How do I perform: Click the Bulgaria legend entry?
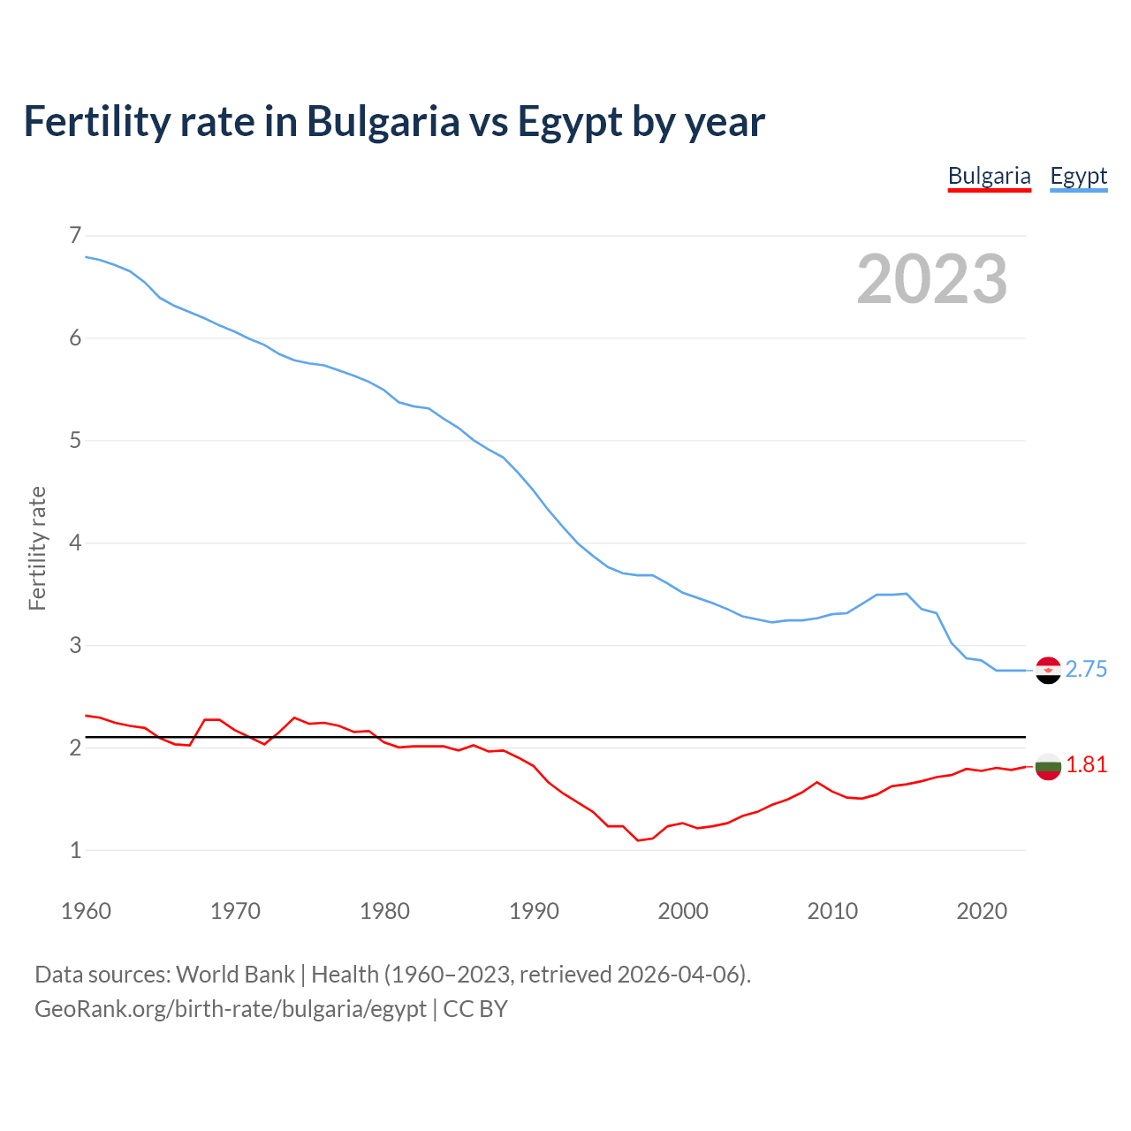(989, 176)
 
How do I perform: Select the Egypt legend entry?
(1078, 176)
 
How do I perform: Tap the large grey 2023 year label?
(932, 279)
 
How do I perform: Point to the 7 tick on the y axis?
(75, 235)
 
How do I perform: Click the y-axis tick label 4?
(75, 543)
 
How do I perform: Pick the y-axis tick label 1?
(75, 850)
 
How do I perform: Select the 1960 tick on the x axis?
(86, 911)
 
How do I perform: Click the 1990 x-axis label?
(534, 911)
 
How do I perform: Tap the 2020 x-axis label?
(982, 911)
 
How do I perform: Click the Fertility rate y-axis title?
(37, 548)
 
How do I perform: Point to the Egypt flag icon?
(1048, 671)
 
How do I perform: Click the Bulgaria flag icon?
(1048, 767)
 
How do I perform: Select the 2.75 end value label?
(1086, 670)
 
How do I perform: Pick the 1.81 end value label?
(1086, 765)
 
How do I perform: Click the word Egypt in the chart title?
(570, 122)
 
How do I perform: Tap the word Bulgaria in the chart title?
(383, 122)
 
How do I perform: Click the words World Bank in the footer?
(235, 975)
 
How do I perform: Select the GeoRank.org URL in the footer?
(230, 1009)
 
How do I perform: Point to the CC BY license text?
(475, 1009)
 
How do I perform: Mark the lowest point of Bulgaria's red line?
(638, 840)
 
